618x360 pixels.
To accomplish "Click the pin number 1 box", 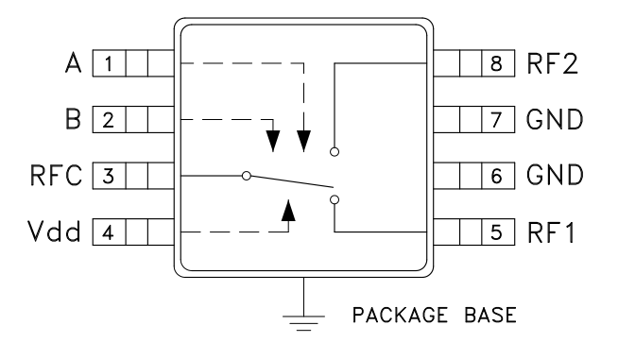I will pos(110,64).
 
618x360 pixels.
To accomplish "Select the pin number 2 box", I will pos(110,120).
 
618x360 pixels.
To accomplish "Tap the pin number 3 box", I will pos(110,176).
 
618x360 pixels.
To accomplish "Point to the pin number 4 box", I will pos(110,231).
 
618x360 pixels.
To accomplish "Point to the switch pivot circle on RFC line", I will pos(246,176).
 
